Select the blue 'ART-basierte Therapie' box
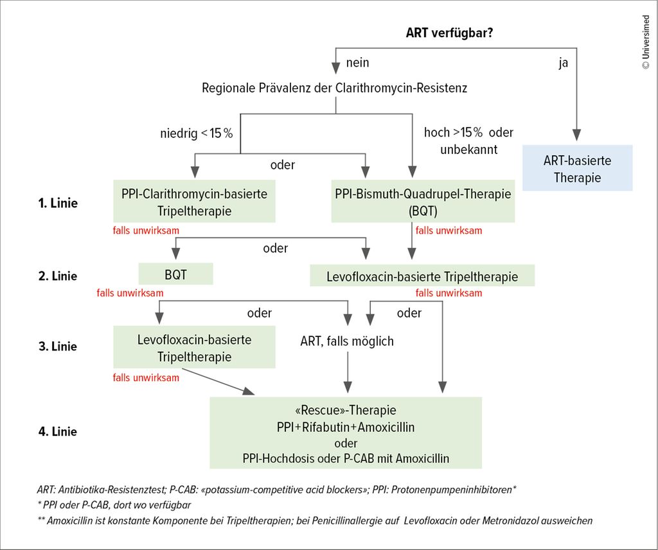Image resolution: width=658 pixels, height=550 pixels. click(577, 168)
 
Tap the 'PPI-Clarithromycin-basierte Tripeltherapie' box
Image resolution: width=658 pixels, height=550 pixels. click(194, 202)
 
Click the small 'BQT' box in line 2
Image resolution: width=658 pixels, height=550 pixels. click(175, 275)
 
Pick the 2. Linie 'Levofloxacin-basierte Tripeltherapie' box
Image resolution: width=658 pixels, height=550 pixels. click(422, 277)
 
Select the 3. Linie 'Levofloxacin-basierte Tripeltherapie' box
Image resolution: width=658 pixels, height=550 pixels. click(194, 347)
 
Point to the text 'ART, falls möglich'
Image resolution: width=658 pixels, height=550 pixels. click(347, 341)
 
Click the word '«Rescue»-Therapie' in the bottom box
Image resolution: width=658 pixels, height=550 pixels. click(346, 409)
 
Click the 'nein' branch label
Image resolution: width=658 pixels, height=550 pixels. click(357, 63)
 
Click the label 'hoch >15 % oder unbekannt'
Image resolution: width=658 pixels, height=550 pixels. click(468, 141)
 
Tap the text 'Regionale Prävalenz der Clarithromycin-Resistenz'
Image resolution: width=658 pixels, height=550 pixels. click(335, 88)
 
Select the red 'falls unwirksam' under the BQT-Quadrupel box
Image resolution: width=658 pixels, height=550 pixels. click(449, 230)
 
